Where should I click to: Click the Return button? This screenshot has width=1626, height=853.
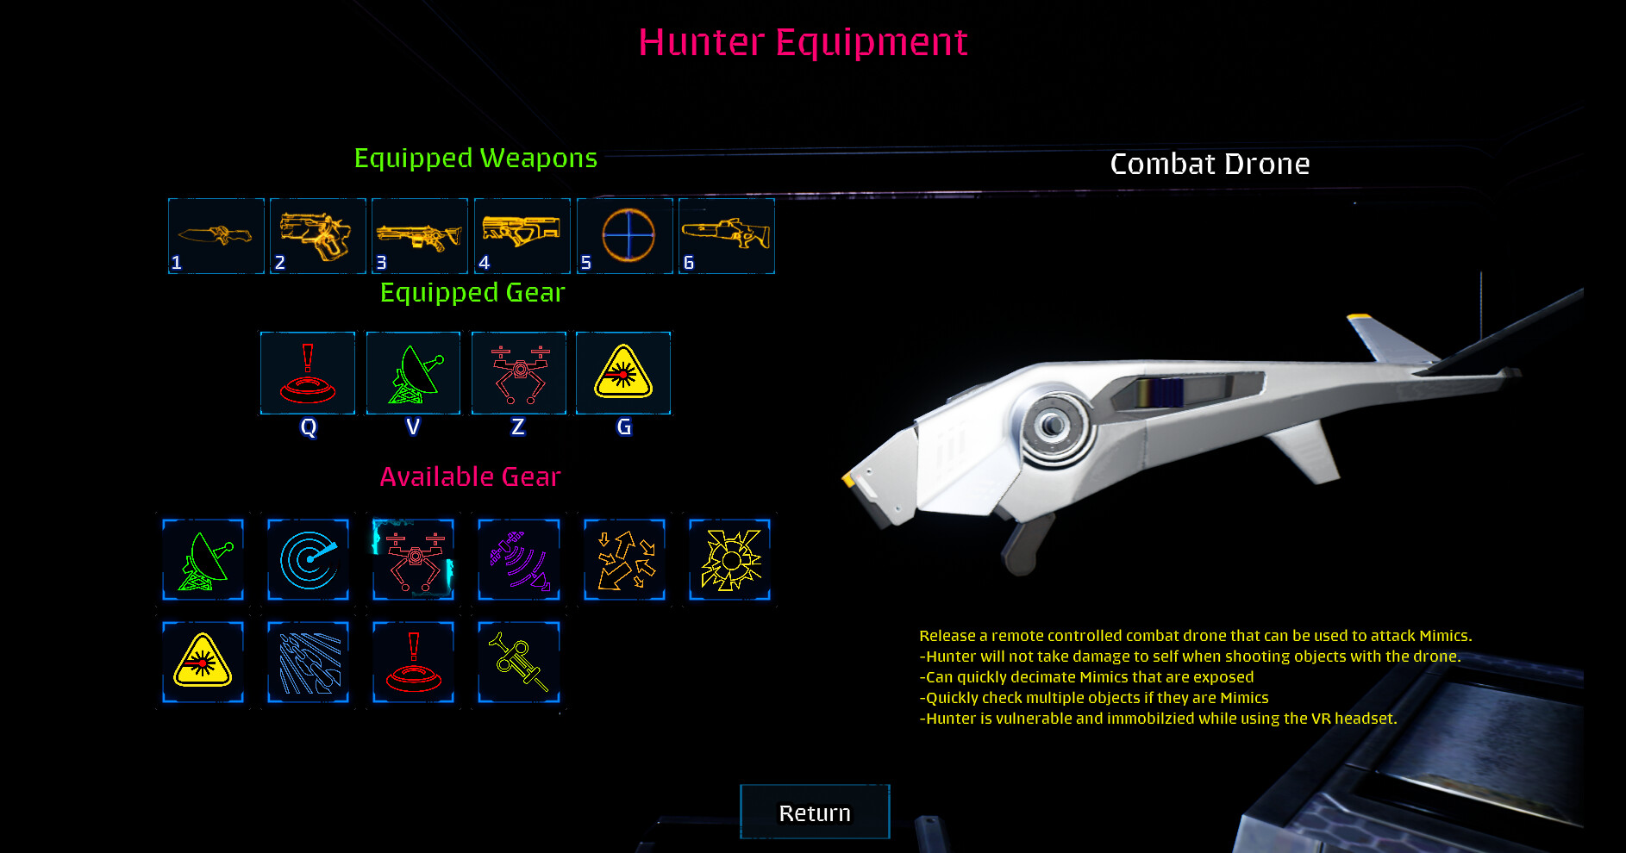tap(815, 812)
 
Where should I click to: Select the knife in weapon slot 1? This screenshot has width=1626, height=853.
tap(216, 235)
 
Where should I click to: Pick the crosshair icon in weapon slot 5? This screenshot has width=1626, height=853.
tap(628, 235)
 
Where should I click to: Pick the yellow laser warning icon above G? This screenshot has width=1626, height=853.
tap(623, 373)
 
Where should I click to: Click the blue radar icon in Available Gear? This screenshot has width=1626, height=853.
tap(308, 560)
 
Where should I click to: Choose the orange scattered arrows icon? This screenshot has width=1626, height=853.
tap(624, 560)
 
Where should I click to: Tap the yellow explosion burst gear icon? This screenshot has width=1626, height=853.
tap(729, 560)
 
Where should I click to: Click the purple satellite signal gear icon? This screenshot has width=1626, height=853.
tap(518, 560)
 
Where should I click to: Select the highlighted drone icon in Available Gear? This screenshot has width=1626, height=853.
tap(413, 560)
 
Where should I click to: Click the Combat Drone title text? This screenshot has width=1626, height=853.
tap(1210, 164)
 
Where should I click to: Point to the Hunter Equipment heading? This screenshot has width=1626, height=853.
tap(803, 42)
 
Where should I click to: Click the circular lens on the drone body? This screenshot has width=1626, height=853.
tap(1051, 425)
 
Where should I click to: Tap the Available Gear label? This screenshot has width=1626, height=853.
tap(470, 476)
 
